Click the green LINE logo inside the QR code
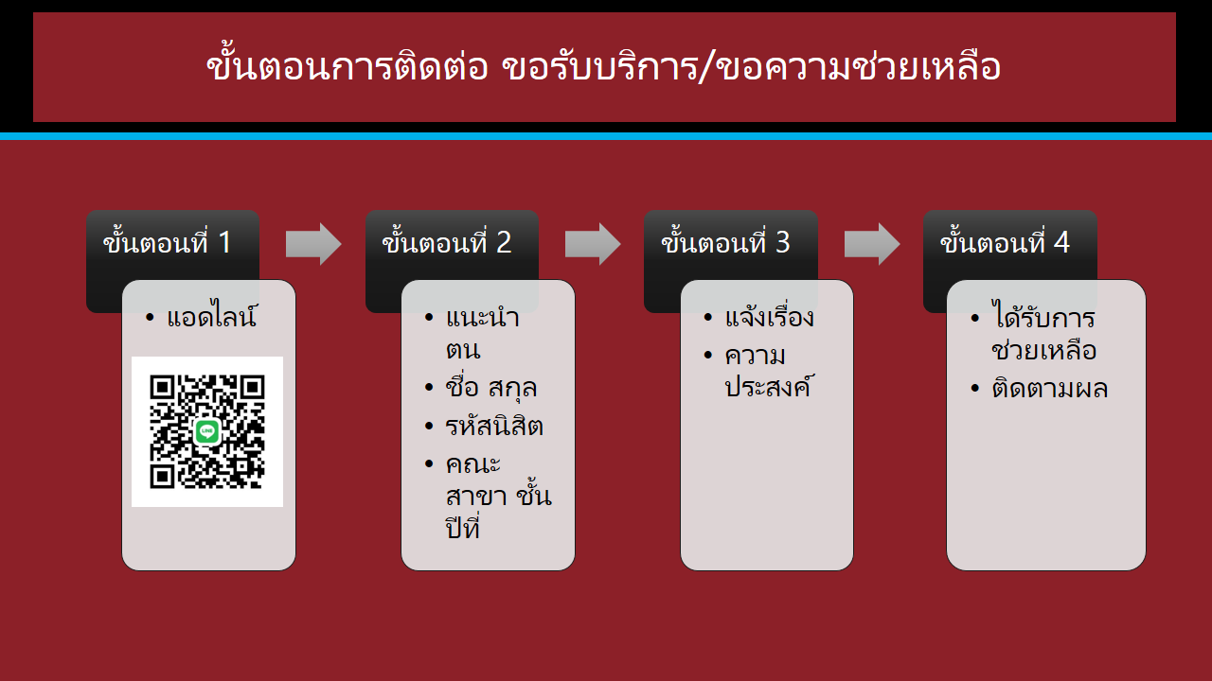click(x=207, y=431)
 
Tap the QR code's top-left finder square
click(x=161, y=387)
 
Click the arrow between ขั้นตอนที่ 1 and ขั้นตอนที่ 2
click(x=313, y=244)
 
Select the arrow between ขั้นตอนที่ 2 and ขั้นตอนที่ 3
click(x=593, y=244)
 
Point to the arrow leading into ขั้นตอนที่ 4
click(x=872, y=244)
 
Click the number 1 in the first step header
click(x=224, y=242)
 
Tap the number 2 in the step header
click(x=504, y=242)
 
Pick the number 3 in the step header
click(x=783, y=242)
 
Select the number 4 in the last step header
click(x=1061, y=242)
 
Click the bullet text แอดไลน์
click(x=211, y=315)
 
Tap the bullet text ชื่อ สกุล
click(x=490, y=387)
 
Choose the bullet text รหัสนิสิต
click(x=494, y=426)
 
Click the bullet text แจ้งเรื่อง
click(x=770, y=316)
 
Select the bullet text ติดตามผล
click(x=1050, y=388)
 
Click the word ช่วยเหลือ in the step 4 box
click(x=1043, y=350)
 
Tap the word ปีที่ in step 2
click(x=463, y=527)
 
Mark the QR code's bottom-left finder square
click(x=161, y=477)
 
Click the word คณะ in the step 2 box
click(x=472, y=464)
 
